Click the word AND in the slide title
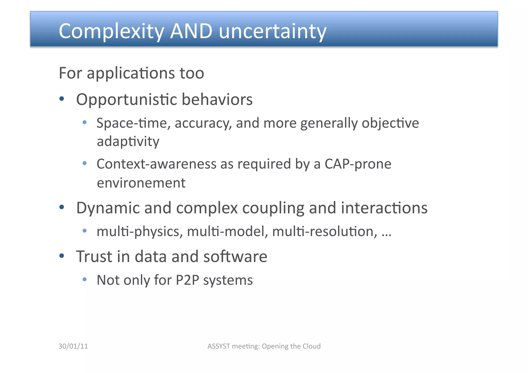click(x=191, y=31)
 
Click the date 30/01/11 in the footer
click(x=73, y=346)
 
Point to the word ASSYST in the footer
click(x=219, y=346)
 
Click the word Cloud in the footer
click(x=311, y=346)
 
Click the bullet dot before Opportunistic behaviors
click(x=62, y=98)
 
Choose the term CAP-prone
click(x=358, y=164)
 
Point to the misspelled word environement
click(x=141, y=183)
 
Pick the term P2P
click(x=187, y=280)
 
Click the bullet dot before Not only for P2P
click(x=85, y=279)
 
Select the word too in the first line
click(x=192, y=73)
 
